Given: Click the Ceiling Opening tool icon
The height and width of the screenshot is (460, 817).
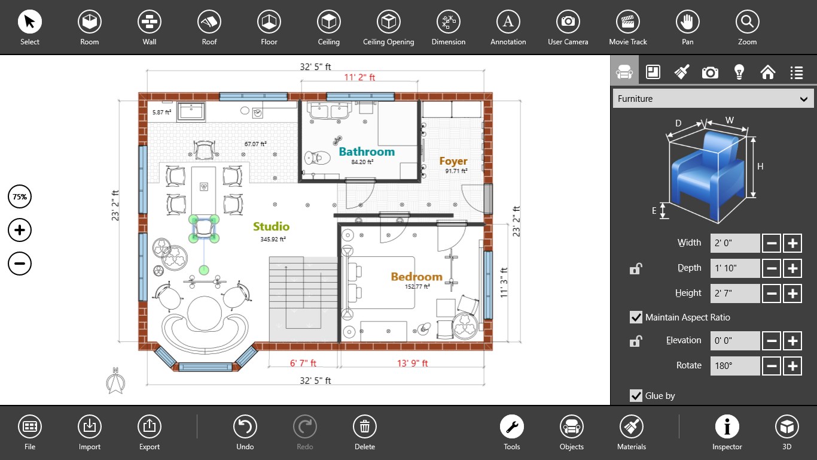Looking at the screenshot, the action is [x=388, y=22].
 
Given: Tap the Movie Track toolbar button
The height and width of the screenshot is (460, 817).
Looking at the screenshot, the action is [x=628, y=22].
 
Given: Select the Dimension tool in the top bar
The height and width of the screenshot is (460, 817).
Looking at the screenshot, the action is [x=448, y=22].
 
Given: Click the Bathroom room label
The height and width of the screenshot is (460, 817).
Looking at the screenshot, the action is [x=367, y=152].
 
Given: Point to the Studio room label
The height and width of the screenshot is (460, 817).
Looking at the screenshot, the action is [x=271, y=226].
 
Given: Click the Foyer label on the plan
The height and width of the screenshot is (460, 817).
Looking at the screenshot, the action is [x=453, y=161].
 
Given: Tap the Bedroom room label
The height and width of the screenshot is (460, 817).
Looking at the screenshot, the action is [x=416, y=277].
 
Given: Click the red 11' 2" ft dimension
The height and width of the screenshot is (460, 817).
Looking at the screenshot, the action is [x=359, y=77].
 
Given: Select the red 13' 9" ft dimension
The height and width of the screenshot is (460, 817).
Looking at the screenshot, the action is [x=412, y=363].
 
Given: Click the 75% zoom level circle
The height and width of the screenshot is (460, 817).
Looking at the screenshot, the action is [x=20, y=196].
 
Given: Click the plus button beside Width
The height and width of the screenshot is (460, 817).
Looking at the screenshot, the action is [x=792, y=243].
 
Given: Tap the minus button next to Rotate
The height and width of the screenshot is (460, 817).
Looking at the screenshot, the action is [x=772, y=366].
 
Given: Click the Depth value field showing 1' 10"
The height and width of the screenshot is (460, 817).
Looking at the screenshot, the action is [x=735, y=268].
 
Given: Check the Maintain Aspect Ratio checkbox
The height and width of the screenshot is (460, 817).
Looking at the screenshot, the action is [x=636, y=317].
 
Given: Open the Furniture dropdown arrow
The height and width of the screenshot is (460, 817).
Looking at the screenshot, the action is [x=803, y=99].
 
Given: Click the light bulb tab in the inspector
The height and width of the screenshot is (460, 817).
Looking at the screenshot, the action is [x=739, y=72].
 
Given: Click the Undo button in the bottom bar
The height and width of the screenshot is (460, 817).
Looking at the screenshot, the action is [x=245, y=426].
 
